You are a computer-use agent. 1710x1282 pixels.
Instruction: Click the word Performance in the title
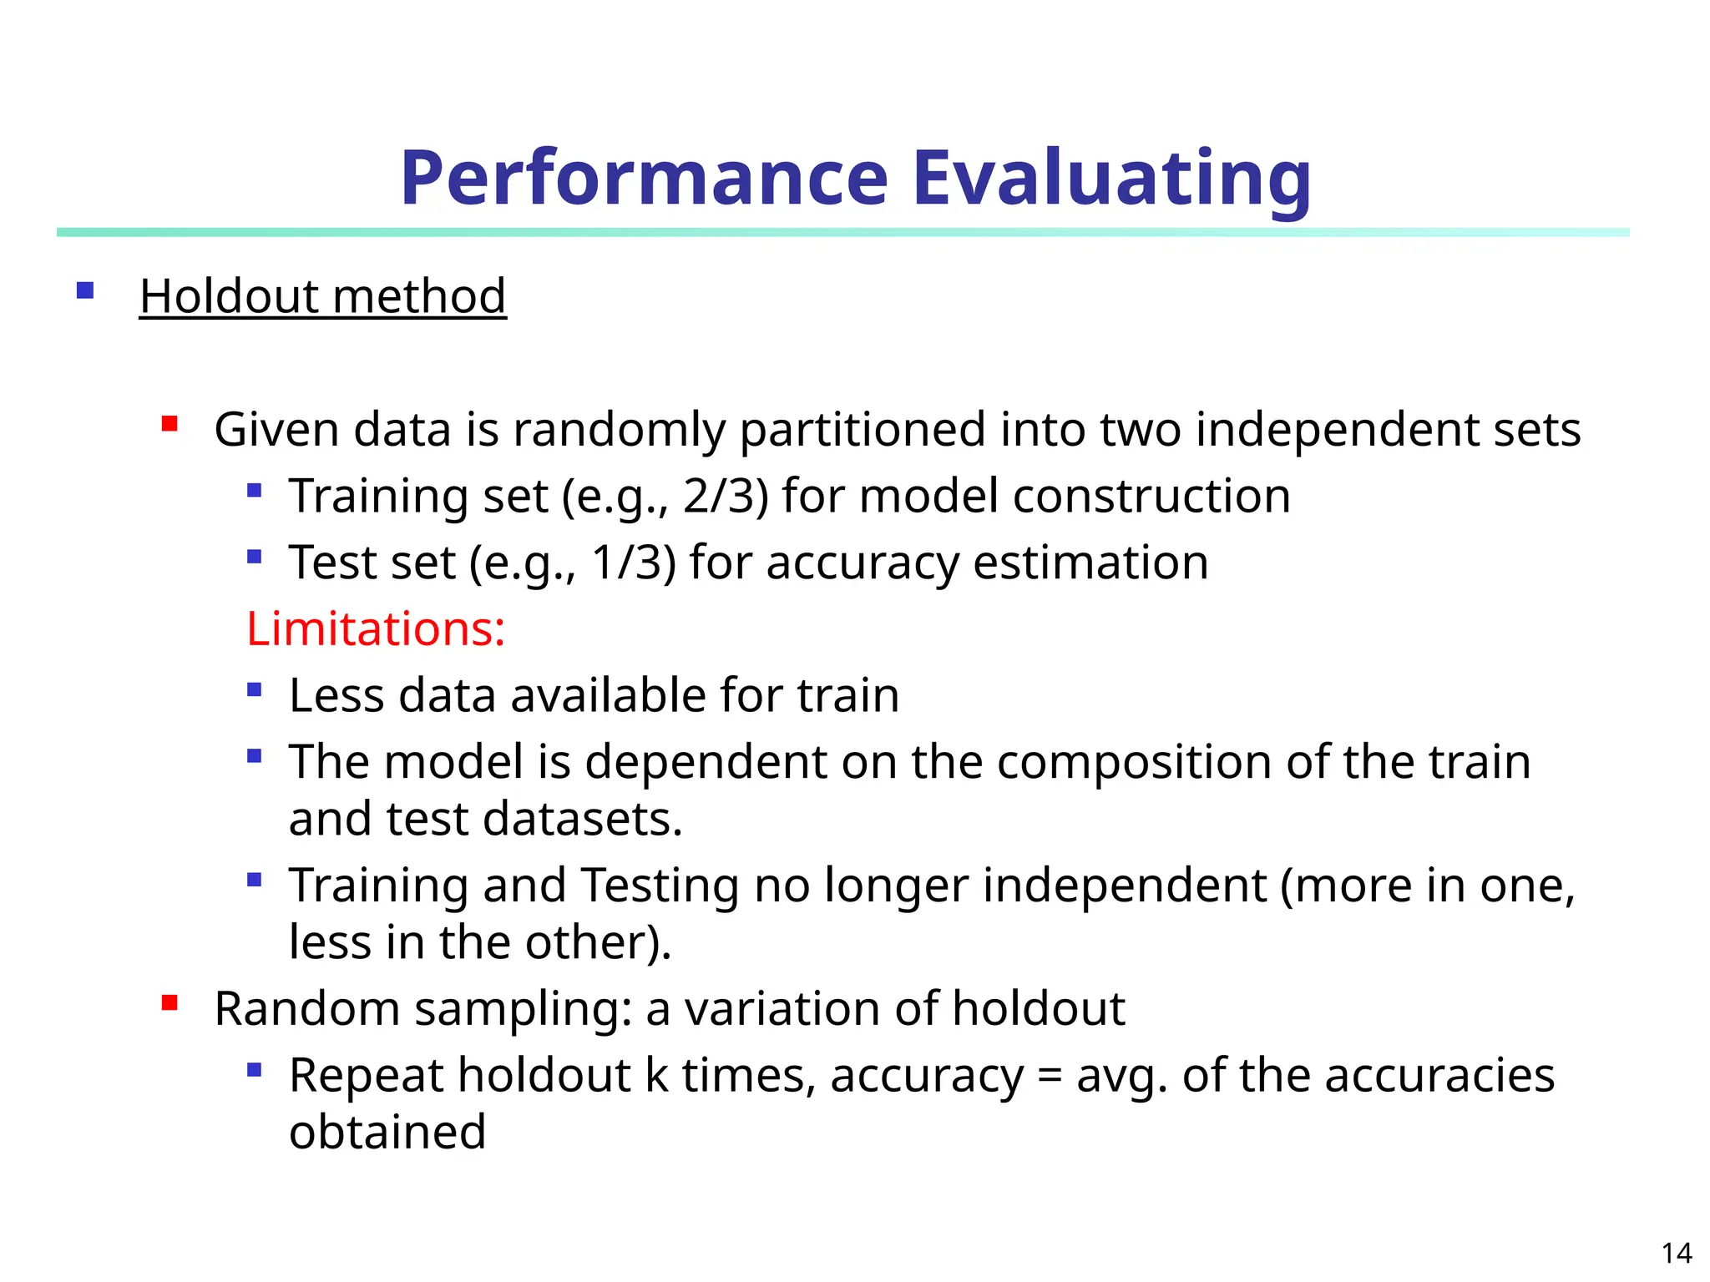pos(643,178)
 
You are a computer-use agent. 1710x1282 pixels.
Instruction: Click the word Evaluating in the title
pos(1111,178)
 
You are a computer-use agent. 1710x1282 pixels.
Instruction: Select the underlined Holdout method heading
pos(322,296)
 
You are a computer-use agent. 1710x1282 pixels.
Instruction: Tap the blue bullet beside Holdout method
pos(84,290)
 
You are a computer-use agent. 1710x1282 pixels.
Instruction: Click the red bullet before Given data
pos(169,424)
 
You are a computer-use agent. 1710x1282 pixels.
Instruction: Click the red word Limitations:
pos(376,628)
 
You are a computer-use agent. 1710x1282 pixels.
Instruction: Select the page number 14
pos(1676,1253)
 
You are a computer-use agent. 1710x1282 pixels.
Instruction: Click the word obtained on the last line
pos(387,1133)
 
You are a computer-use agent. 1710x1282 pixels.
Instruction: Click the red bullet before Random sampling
pos(169,1003)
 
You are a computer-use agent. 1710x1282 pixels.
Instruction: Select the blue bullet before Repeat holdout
pos(255,1069)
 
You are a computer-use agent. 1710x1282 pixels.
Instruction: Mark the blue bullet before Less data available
pos(255,689)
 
